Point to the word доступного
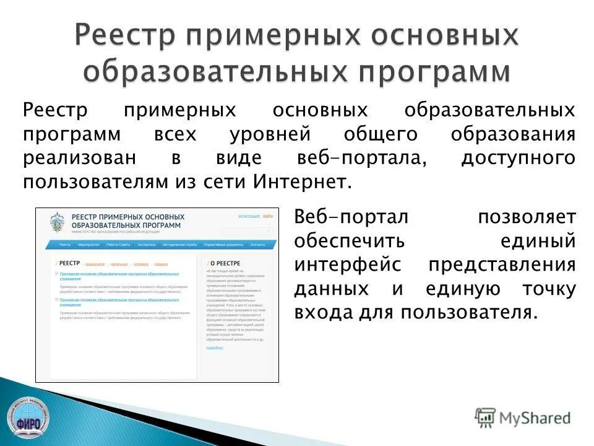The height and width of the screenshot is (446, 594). point(518,158)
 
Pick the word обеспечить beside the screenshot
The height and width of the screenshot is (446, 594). point(350,241)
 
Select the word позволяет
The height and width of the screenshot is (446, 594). point(527,217)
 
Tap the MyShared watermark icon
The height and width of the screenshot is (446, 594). point(485,418)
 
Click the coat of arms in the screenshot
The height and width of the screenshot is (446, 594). point(57,222)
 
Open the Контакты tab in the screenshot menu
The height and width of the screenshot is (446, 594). point(258,245)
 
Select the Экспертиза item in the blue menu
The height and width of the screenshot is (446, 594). point(147,245)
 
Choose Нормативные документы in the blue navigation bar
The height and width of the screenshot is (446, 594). point(223,245)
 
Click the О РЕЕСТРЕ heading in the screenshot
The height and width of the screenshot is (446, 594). point(226,263)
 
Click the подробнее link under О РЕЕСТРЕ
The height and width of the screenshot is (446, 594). point(215,348)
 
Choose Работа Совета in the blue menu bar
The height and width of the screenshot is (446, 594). point(118,245)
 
